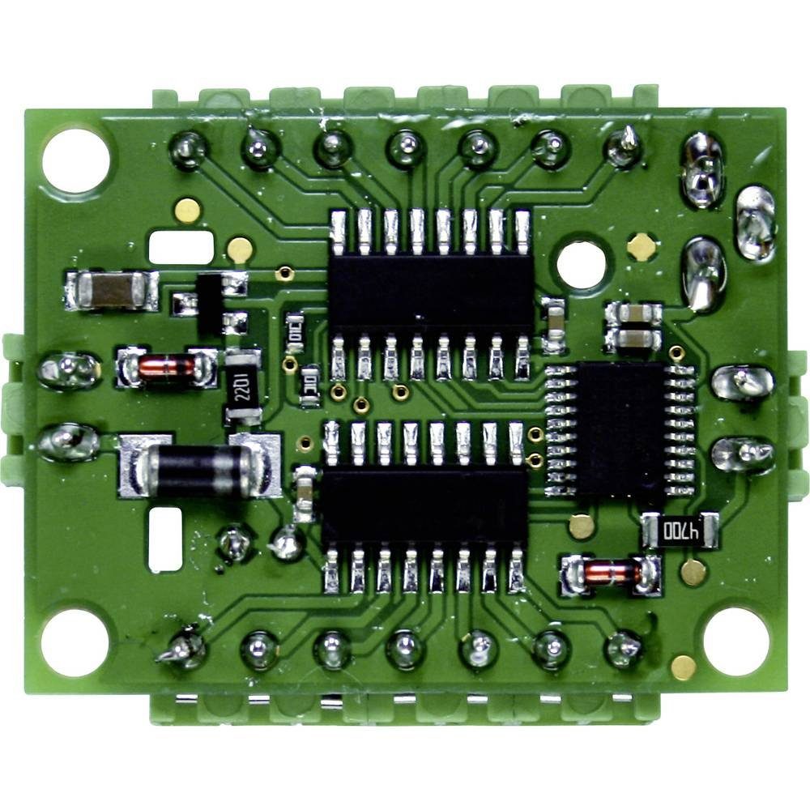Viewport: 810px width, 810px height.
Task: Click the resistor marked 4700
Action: click(x=680, y=531)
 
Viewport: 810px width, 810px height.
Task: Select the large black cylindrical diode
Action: click(x=198, y=467)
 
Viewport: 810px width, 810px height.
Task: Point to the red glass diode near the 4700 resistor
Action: click(x=612, y=573)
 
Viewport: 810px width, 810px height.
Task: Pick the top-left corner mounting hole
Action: click(x=75, y=160)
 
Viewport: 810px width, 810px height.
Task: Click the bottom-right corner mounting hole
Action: click(x=735, y=641)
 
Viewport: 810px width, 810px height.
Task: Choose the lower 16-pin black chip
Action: click(x=424, y=505)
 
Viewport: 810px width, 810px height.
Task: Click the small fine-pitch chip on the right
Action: click(x=621, y=428)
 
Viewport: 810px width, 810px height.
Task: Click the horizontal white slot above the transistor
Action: click(x=181, y=247)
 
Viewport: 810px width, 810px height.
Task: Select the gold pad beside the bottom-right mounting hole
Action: click(x=683, y=667)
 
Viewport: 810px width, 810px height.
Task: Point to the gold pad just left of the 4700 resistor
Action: click(x=582, y=526)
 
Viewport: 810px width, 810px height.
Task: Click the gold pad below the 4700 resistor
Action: click(x=693, y=573)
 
